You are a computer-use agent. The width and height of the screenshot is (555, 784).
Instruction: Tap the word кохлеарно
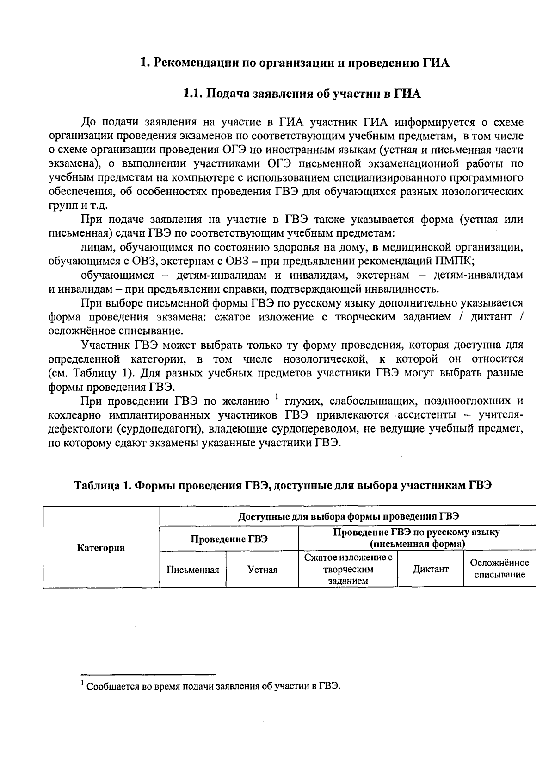(76, 414)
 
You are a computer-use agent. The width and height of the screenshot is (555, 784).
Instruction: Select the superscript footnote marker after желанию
(276, 396)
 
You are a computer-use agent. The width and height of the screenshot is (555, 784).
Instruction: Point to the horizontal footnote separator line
(148, 674)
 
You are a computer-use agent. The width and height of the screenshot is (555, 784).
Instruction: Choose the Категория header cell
(101, 548)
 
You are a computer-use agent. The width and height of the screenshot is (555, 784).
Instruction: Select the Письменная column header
(192, 570)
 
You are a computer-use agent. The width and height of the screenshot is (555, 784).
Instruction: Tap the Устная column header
(262, 570)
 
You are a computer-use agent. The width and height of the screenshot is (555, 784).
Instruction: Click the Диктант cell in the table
(431, 570)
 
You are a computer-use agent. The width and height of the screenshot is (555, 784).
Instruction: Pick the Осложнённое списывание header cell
(499, 569)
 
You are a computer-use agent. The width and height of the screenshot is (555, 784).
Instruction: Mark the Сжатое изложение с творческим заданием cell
(348, 569)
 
